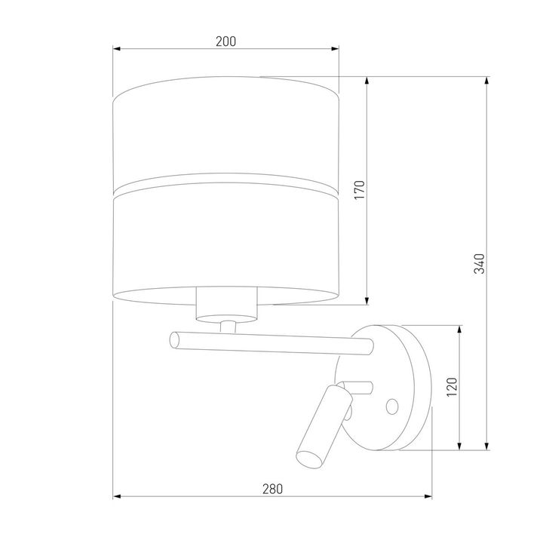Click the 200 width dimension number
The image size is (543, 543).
(225, 41)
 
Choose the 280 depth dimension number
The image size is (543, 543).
(272, 489)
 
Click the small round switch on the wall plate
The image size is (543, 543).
(391, 406)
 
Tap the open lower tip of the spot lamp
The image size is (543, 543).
(305, 456)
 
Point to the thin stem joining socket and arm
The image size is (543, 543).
(228, 326)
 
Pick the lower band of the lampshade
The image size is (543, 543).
(225, 241)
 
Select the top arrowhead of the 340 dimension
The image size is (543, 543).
(488, 80)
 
